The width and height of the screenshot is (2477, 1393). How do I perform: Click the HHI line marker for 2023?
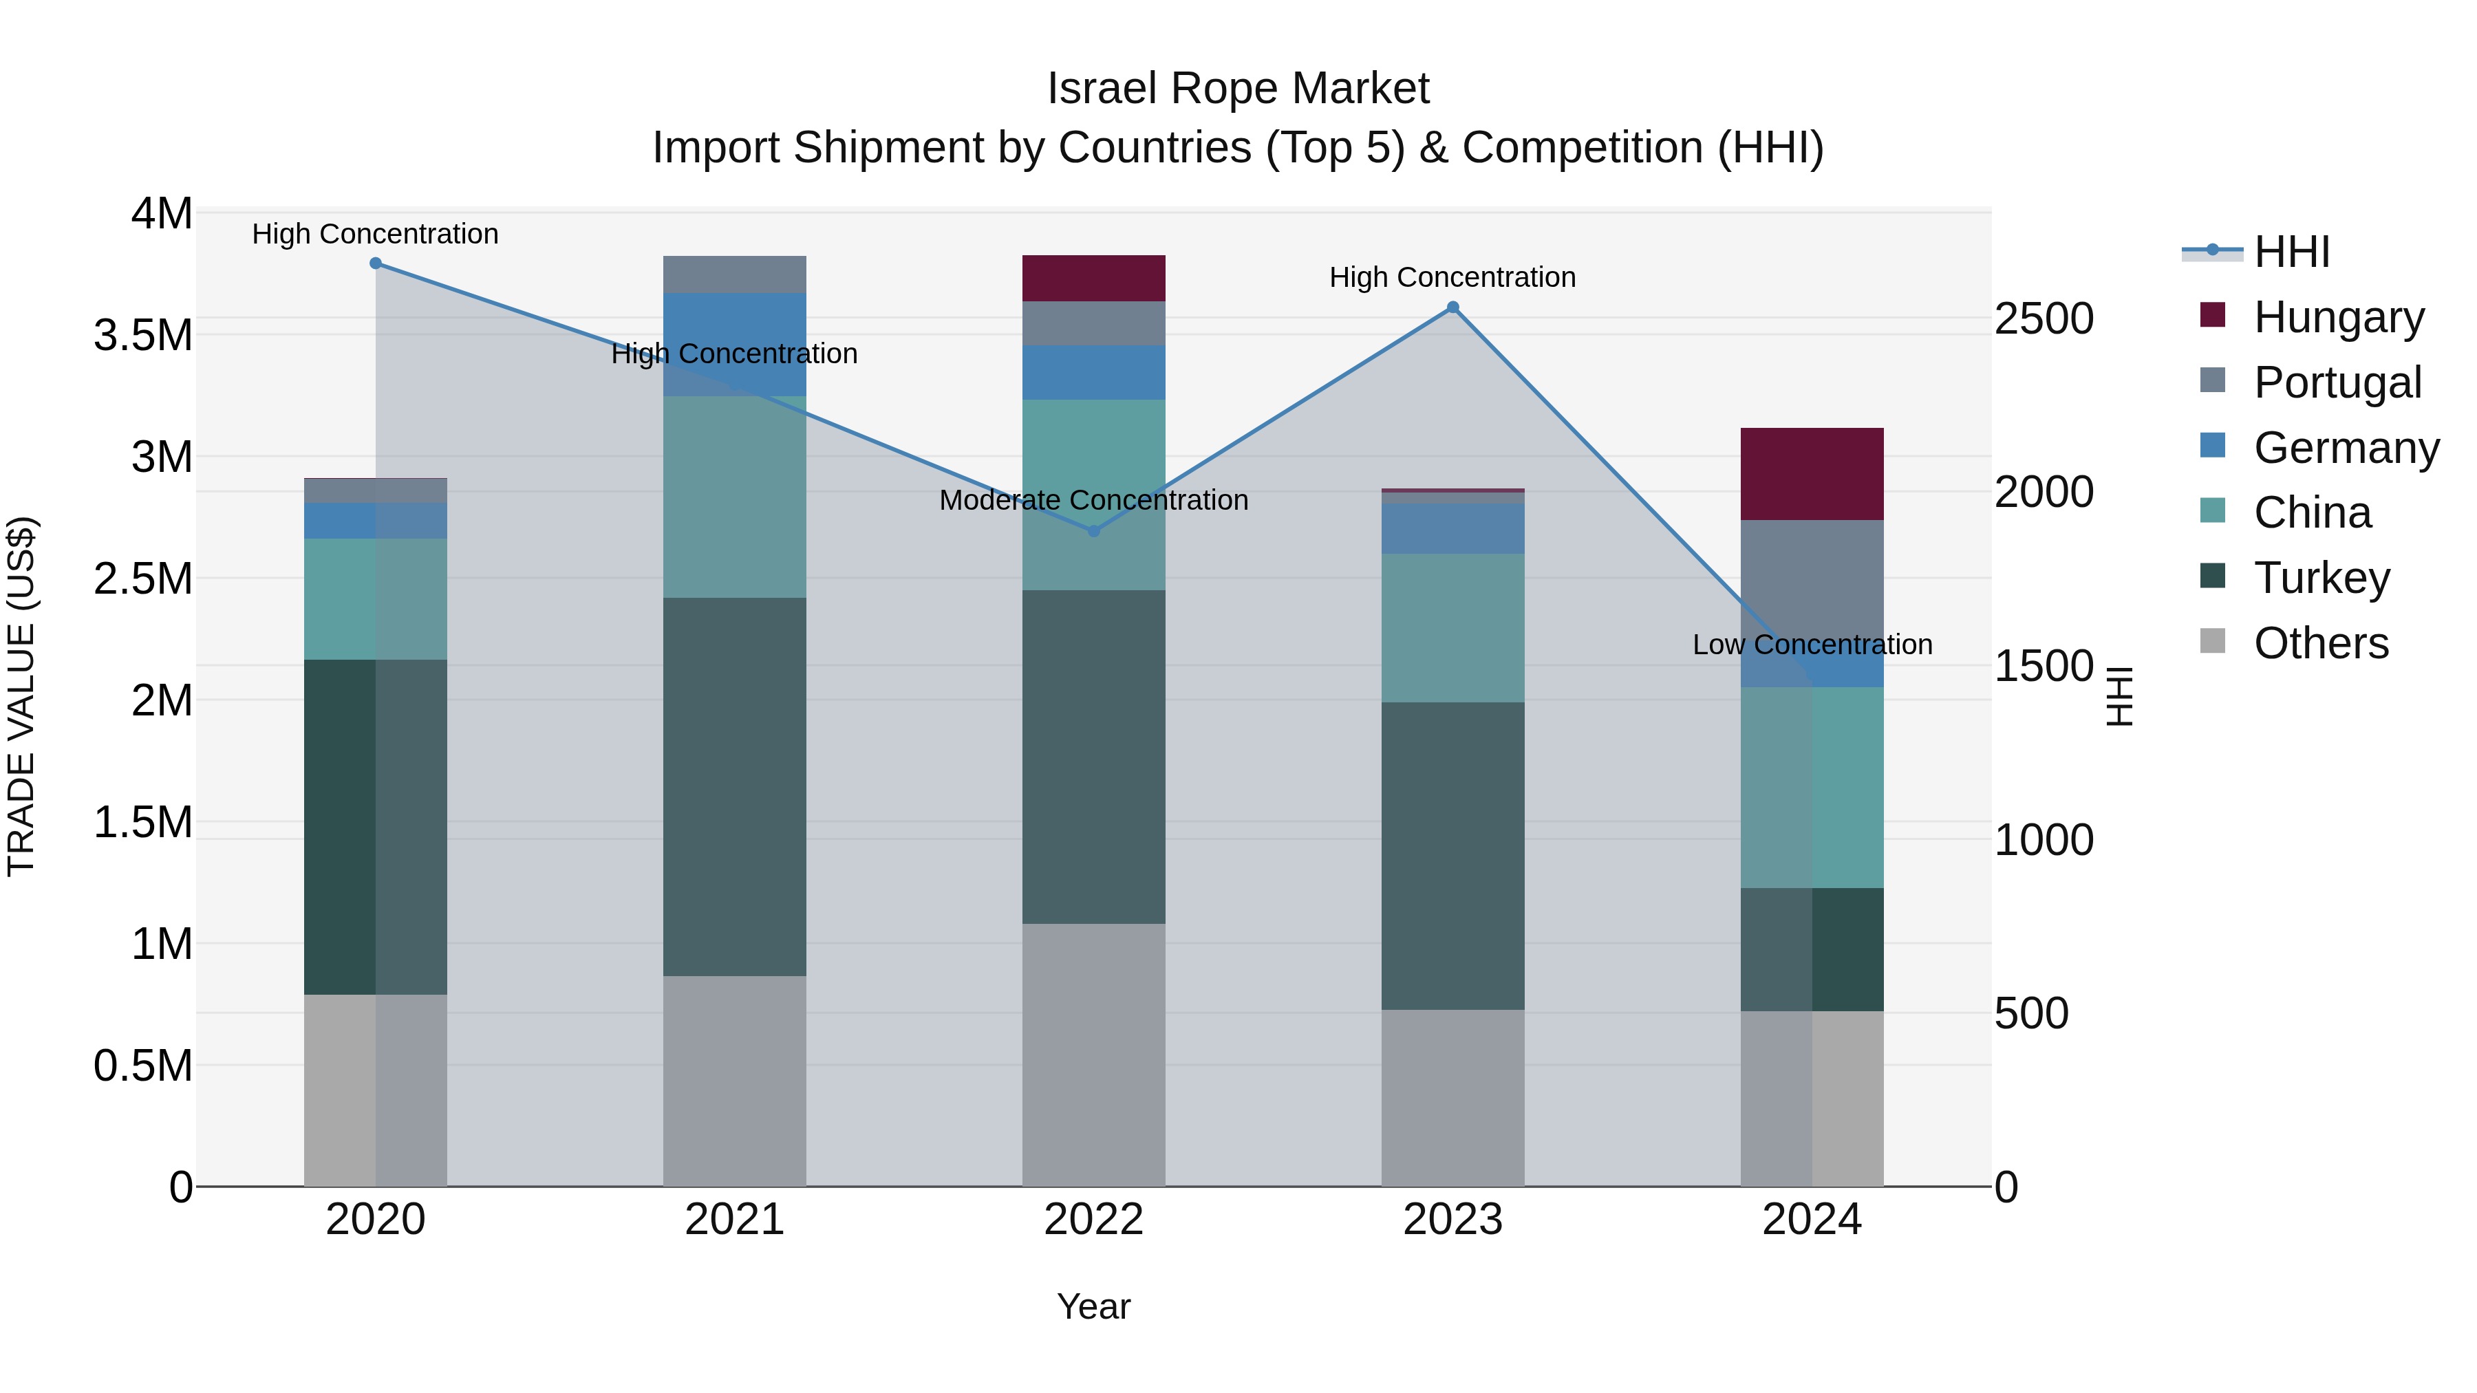pos(1453,307)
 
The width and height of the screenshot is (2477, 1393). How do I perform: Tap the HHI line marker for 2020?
pos(376,263)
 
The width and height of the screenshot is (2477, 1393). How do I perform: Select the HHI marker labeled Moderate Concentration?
pos(1093,530)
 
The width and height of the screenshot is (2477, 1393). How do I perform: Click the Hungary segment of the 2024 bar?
pos(1812,474)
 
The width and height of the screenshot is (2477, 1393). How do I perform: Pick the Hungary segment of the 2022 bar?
pos(1093,279)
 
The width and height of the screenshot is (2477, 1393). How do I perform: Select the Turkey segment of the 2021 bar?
pos(735,786)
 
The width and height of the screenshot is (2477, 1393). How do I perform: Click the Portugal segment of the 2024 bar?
pos(1812,577)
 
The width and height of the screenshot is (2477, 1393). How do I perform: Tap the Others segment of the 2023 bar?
pos(1453,1097)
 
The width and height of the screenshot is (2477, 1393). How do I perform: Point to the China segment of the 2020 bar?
pos(376,599)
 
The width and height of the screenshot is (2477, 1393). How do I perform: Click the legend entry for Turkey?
pos(2321,578)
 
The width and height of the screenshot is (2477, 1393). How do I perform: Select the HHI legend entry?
pos(2291,252)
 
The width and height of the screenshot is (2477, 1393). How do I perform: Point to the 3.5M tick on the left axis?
pos(142,336)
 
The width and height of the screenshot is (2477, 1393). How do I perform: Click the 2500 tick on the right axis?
pos(2044,319)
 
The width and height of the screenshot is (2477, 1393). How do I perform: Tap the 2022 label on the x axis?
pos(1093,1220)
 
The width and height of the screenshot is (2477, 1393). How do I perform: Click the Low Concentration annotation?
pos(1812,644)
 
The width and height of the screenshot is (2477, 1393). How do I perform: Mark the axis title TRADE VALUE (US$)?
pos(21,697)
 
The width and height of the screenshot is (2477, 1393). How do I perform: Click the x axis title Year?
pos(1093,1306)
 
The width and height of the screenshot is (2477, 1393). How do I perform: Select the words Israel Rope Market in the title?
pos(1238,89)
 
